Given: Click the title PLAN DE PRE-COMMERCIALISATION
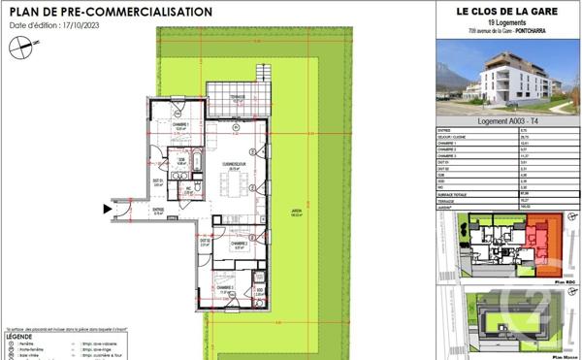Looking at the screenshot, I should [110, 12].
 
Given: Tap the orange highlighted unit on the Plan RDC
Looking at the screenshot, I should [548, 237].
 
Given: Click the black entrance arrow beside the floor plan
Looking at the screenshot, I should [107, 207].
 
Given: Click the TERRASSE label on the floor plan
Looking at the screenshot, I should [231, 99].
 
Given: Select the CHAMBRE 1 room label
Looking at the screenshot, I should [180, 124].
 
